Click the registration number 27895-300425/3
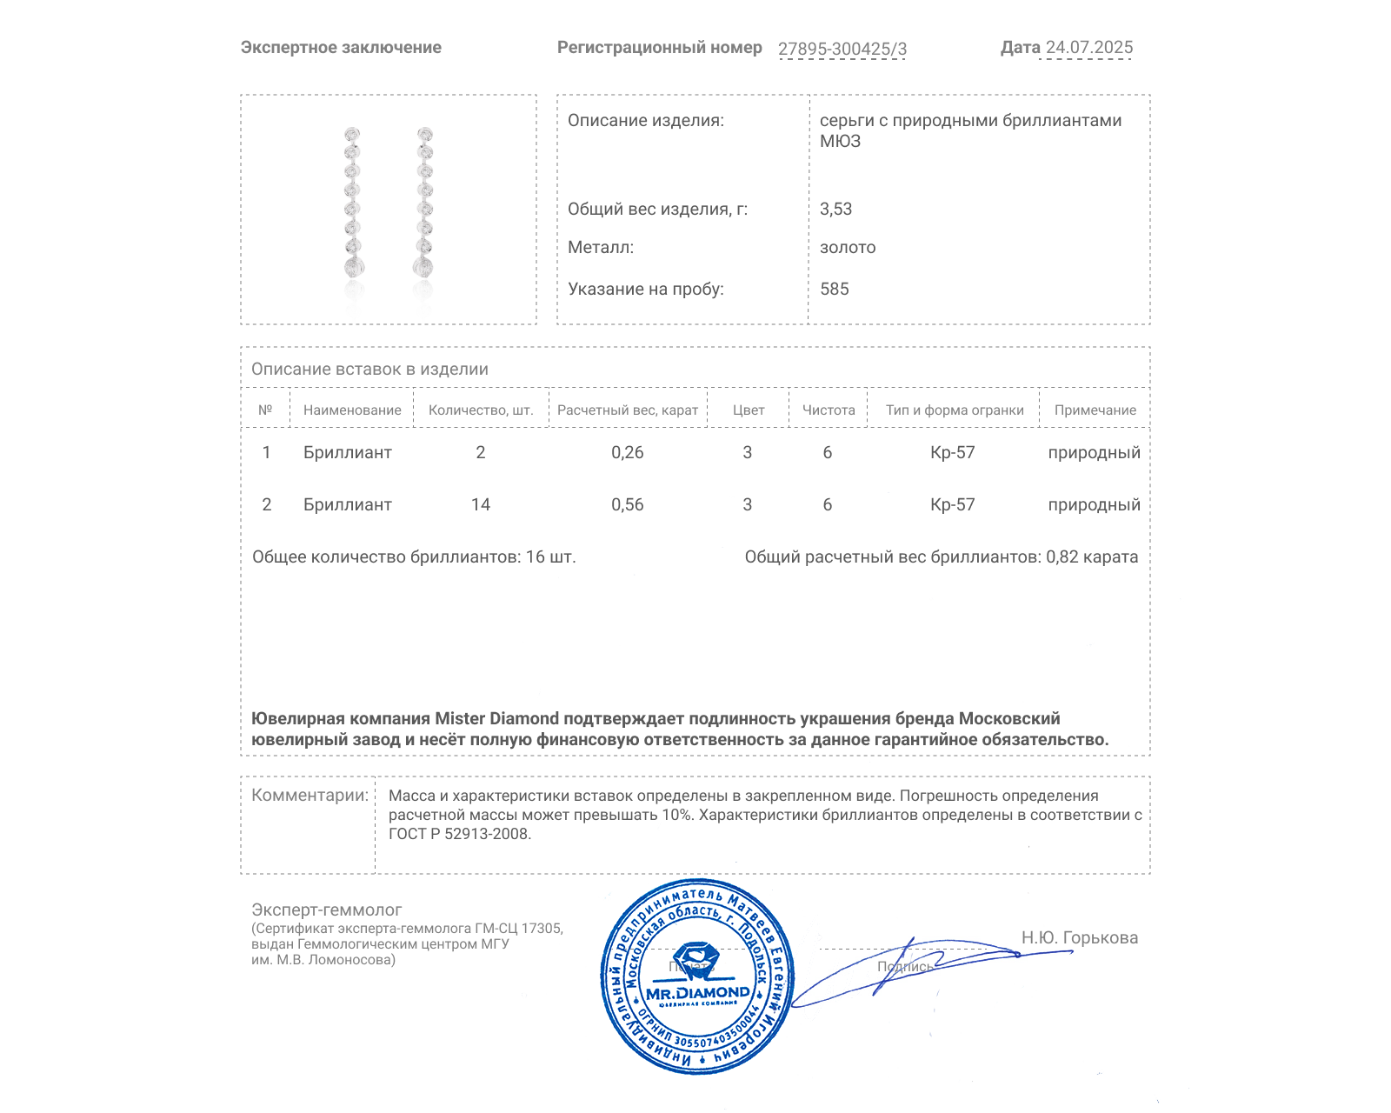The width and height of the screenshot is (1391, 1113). (842, 50)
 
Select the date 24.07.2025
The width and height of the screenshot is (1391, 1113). (1088, 48)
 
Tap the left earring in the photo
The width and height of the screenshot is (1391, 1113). (352, 203)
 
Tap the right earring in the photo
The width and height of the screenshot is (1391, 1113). (424, 203)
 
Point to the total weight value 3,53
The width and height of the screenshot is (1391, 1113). (835, 210)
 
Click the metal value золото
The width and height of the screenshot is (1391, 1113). (848, 248)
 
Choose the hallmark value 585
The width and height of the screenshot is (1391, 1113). (834, 290)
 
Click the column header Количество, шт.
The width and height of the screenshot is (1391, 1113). (481, 410)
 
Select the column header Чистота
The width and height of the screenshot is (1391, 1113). (829, 410)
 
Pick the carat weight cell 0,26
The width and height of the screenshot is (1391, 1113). (628, 453)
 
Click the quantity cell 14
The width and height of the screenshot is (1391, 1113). (481, 505)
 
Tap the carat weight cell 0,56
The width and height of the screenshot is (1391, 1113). (628, 505)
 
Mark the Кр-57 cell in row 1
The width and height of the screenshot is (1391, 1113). (953, 453)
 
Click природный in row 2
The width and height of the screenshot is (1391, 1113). (1094, 505)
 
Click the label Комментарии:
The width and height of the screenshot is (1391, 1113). (309, 796)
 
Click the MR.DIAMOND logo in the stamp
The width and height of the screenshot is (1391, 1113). (697, 992)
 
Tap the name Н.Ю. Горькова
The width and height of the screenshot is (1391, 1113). (1079, 938)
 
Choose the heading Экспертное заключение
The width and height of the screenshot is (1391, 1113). (341, 48)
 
